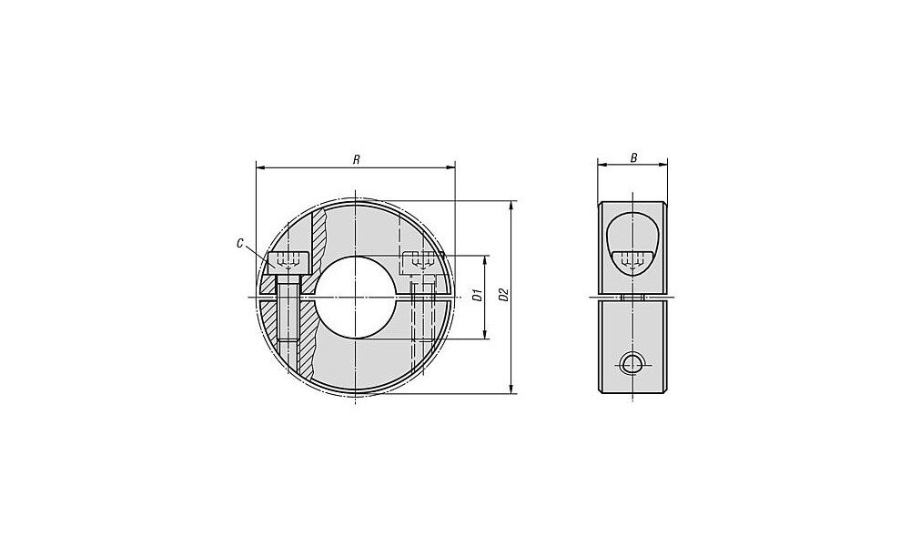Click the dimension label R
coord(357,159)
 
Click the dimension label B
coord(633,157)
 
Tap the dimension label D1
coord(478,295)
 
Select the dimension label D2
coord(504,295)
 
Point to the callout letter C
coord(239,244)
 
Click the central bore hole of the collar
coord(355,297)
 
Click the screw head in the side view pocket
coord(632,262)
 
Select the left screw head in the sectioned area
coord(288,263)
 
